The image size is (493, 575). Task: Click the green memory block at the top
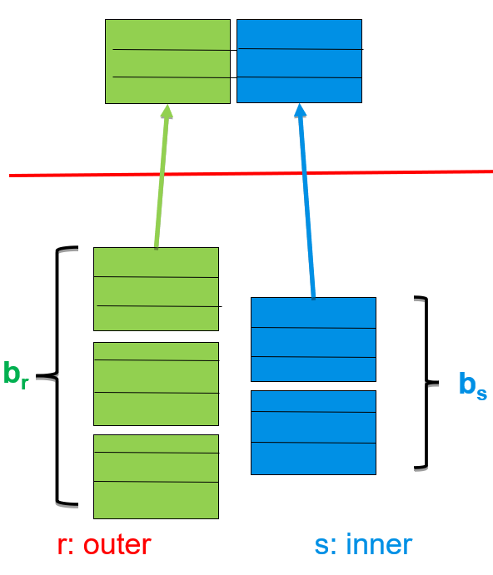point(167,62)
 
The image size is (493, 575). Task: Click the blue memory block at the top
point(299,62)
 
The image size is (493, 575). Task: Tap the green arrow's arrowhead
point(167,112)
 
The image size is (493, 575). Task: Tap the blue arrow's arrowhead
point(300,110)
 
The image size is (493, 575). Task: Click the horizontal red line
point(251,173)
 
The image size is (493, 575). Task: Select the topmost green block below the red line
point(156,289)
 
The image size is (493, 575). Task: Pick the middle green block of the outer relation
point(156,384)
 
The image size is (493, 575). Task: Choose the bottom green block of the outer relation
point(156,477)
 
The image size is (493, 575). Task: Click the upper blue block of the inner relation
point(313,340)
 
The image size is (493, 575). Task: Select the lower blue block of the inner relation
point(313,433)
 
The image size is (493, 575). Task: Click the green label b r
point(16,374)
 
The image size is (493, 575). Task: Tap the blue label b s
point(473,385)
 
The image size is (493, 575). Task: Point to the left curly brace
point(57,375)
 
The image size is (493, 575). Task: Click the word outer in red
point(117,545)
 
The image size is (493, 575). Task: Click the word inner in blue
point(379,545)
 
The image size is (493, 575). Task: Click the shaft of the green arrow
point(162,182)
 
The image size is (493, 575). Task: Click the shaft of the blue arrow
point(307,208)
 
